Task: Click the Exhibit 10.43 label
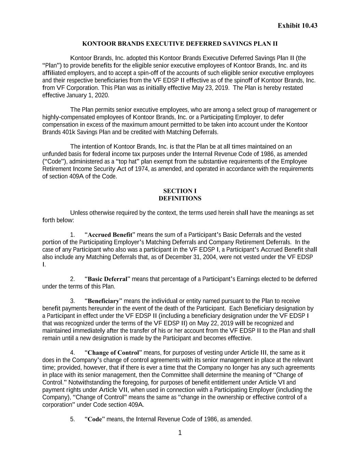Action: pos(297,26)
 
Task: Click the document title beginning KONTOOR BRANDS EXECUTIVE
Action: pos(180,44)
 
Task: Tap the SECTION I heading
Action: pos(180,191)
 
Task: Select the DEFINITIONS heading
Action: pos(180,198)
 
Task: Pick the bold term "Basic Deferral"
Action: pos(107,279)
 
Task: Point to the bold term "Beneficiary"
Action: pos(104,301)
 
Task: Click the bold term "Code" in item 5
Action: pos(95,419)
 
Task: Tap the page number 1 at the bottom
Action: pos(180,433)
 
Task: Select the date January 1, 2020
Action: pos(88,95)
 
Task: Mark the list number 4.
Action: pos(72,353)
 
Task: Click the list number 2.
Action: pos(72,279)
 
